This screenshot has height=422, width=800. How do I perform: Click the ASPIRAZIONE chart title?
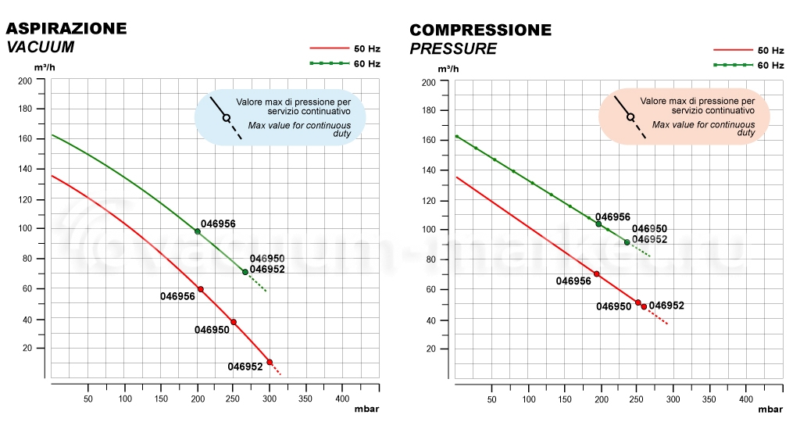[x=66, y=28]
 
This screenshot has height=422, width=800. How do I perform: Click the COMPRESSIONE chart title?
[x=480, y=30]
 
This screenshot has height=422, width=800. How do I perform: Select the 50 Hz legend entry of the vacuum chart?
[x=345, y=48]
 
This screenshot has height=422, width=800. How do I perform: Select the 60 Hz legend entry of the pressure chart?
[x=748, y=66]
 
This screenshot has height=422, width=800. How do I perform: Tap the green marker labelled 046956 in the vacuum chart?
[x=198, y=231]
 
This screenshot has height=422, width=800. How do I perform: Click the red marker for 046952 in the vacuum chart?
[x=270, y=363]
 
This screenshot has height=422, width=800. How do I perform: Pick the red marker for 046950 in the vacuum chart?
[x=234, y=322]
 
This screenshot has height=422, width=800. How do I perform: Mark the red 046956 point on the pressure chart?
[x=597, y=274]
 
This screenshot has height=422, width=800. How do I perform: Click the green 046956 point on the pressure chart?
[x=598, y=224]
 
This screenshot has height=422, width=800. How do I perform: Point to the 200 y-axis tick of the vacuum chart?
[x=25, y=80]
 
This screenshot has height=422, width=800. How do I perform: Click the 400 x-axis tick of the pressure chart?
[x=746, y=399]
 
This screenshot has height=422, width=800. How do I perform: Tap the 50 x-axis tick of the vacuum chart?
[x=87, y=399]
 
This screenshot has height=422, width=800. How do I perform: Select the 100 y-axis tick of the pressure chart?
[x=429, y=230]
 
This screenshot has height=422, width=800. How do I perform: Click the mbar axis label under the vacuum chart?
[x=367, y=408]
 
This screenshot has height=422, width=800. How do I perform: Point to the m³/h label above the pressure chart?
[x=448, y=69]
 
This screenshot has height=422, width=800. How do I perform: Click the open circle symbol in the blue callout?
[x=226, y=118]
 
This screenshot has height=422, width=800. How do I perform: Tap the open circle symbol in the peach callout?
[x=630, y=117]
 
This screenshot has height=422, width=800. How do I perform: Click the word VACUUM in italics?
[x=41, y=47]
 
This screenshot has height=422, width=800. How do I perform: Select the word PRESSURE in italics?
[x=453, y=49]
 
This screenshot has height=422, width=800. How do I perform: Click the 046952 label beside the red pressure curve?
[x=666, y=305]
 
